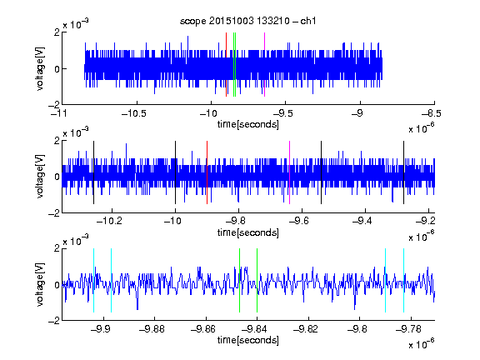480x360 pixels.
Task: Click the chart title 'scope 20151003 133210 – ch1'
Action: tap(247, 21)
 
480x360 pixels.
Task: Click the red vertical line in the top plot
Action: tap(226, 64)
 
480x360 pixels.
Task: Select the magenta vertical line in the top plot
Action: tap(264, 64)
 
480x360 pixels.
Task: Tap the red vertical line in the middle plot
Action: tap(207, 172)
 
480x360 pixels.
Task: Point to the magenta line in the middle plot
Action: tap(290, 172)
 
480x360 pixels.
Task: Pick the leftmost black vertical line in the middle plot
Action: tap(93, 172)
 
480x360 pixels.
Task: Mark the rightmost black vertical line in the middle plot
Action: tap(403, 172)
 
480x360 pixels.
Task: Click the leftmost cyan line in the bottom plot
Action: tap(93, 280)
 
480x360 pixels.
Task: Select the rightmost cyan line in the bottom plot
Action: tap(403, 280)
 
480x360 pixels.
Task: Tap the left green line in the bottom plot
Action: tap(239, 280)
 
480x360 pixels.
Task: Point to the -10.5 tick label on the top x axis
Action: tap(134, 113)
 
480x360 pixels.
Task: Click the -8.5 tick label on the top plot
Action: tap(432, 113)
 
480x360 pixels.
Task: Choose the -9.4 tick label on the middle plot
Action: tap(362, 221)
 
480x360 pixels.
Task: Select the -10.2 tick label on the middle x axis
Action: tap(109, 221)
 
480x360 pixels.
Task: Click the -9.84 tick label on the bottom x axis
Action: tap(254, 329)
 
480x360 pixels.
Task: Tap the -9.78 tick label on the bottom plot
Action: tap(408, 329)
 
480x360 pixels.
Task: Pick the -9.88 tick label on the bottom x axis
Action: tap(152, 329)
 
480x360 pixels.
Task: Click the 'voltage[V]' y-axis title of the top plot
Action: tap(40, 69)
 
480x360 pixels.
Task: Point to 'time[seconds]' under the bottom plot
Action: tap(248, 340)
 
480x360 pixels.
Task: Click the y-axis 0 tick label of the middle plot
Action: tap(57, 177)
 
